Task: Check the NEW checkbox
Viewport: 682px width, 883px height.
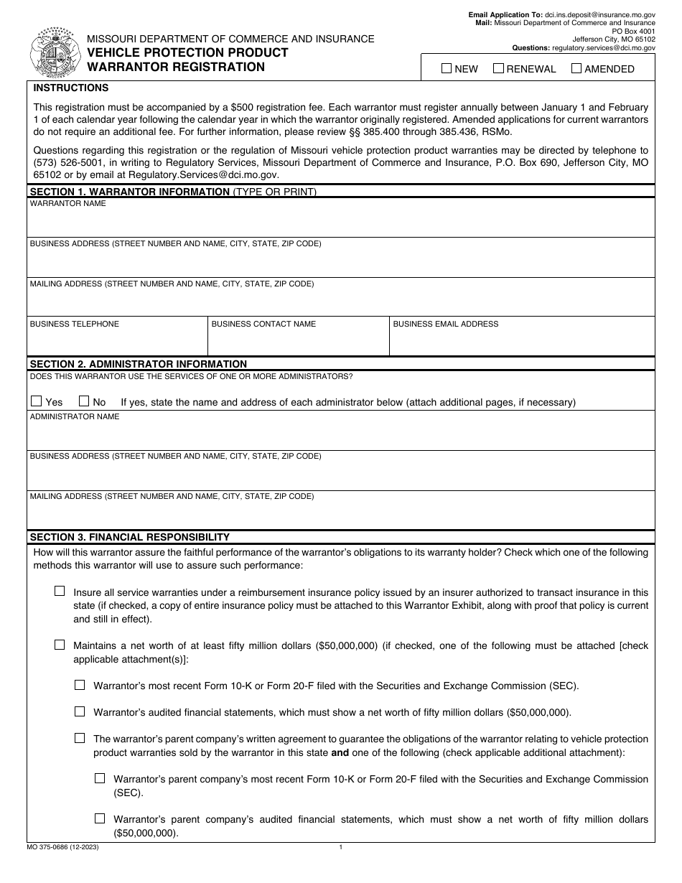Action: click(x=447, y=69)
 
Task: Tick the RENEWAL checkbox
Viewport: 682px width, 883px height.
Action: click(x=498, y=69)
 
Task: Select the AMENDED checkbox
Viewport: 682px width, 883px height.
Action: click(x=576, y=69)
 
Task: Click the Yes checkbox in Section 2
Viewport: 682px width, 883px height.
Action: click(x=37, y=401)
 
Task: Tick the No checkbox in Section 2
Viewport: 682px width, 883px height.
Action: click(x=84, y=401)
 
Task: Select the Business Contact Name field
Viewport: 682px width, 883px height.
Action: click(x=299, y=342)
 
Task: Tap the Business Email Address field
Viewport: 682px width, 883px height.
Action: click(x=522, y=342)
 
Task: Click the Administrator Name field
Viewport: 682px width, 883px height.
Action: click(x=341, y=435)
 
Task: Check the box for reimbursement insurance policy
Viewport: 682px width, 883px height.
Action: click(x=60, y=592)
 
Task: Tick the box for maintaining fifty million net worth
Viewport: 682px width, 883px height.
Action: click(x=60, y=645)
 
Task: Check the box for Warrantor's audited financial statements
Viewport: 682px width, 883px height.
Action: click(x=80, y=712)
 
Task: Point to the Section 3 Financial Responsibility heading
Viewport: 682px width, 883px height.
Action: click(x=129, y=536)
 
